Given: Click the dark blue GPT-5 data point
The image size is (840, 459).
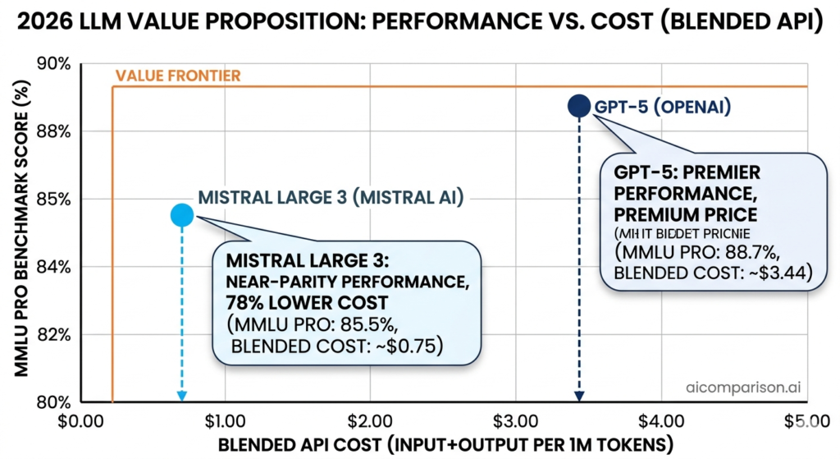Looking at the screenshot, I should pos(579,106).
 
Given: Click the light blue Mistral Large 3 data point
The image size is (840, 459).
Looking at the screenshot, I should pos(181,215).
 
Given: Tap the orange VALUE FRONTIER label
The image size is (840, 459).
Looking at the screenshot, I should pos(177,76).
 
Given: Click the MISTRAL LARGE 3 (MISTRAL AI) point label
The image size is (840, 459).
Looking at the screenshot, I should pos(331,197).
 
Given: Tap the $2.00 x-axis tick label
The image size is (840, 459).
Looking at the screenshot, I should pos(370,421).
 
